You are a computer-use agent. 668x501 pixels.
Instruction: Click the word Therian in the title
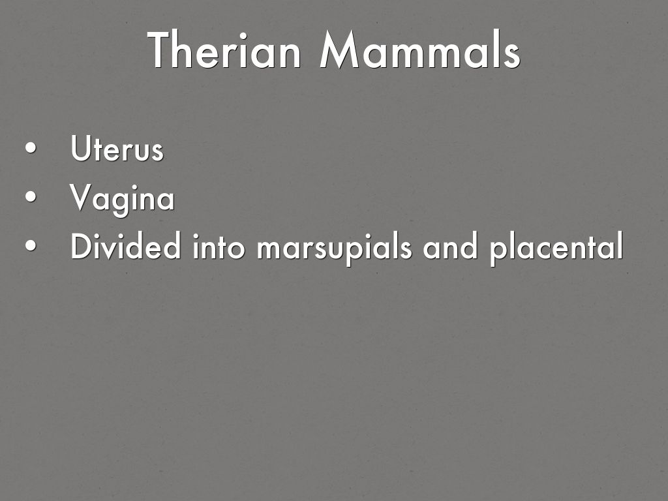[224, 50]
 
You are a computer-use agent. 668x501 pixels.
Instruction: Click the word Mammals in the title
[419, 50]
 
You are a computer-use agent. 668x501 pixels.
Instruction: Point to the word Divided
[126, 245]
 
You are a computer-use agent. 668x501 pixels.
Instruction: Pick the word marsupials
[334, 248]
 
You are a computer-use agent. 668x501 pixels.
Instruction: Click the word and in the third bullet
[450, 246]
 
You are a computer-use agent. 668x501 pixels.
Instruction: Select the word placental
[556, 248]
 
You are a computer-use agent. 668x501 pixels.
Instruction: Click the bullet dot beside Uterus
[31, 148]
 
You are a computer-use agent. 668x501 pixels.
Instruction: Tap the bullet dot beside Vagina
[31, 197]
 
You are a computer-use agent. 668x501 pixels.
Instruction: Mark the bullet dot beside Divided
[31, 246]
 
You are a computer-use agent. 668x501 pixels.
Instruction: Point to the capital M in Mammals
[339, 50]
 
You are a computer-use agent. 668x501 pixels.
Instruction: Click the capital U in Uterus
[80, 148]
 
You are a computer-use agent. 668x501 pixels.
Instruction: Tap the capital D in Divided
[82, 245]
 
